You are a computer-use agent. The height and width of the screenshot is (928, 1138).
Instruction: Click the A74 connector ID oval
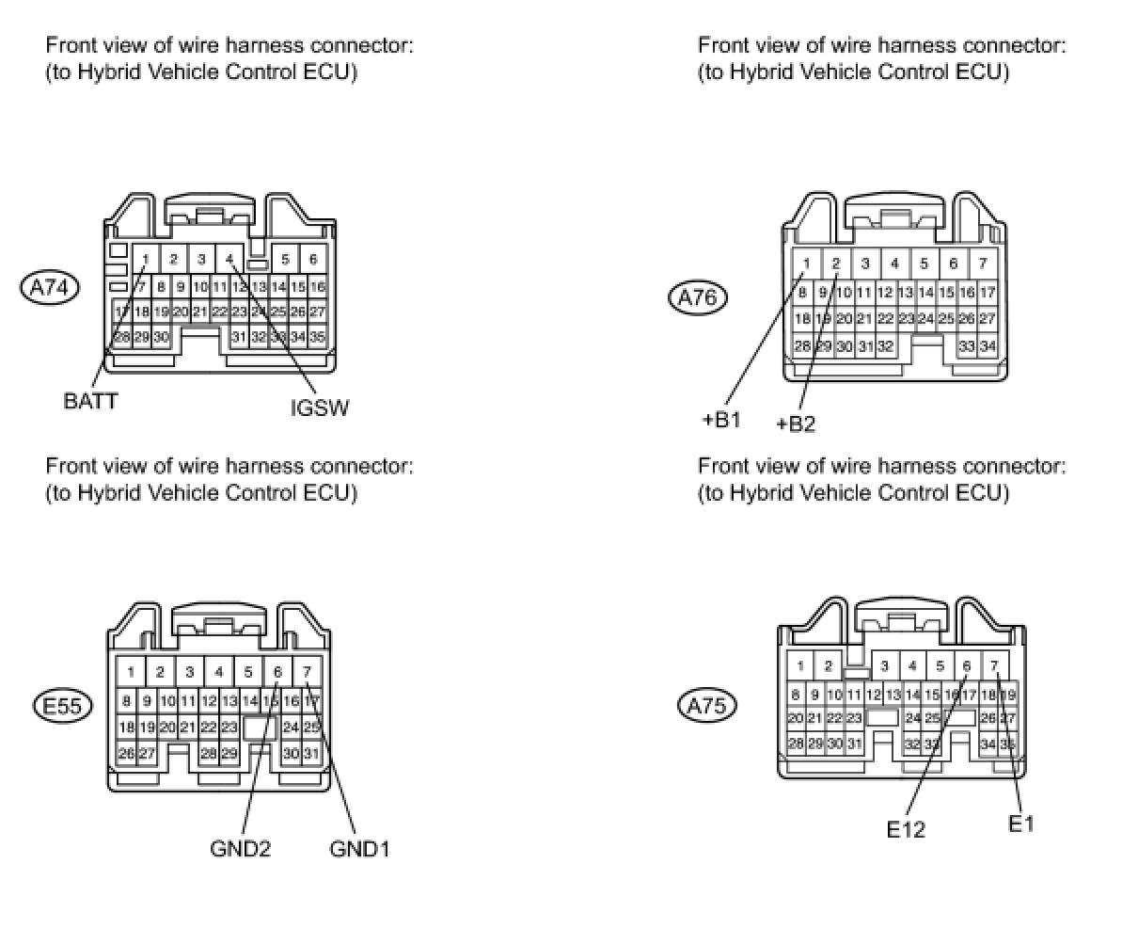click(x=50, y=288)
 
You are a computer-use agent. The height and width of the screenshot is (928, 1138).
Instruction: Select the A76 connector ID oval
click(x=698, y=298)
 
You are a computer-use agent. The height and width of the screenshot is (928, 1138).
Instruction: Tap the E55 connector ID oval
click(x=63, y=705)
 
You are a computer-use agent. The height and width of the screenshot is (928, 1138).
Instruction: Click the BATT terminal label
click(x=91, y=401)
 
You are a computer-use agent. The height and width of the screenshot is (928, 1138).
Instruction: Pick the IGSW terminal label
click(x=320, y=408)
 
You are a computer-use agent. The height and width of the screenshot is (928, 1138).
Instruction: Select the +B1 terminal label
click(x=721, y=420)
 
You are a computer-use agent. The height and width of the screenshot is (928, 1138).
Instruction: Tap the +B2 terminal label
click(x=796, y=424)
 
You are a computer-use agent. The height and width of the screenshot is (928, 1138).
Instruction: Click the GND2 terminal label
click(x=241, y=849)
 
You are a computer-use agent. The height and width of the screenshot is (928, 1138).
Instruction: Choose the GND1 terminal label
click(x=359, y=849)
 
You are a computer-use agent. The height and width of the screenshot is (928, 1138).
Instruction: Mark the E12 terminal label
click(x=906, y=829)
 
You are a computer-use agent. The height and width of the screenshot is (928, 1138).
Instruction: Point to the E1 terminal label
click(x=1020, y=824)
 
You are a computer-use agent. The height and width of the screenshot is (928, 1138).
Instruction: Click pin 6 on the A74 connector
click(x=313, y=259)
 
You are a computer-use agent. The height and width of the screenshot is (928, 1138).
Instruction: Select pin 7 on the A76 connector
click(x=983, y=264)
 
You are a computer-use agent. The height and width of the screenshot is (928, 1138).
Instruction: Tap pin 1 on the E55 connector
click(x=131, y=672)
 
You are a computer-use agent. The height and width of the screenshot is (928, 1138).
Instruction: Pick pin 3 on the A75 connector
click(x=884, y=666)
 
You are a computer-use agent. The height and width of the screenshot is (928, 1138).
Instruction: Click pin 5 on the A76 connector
click(x=925, y=264)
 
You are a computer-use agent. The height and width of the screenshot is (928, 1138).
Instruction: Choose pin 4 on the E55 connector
click(x=219, y=672)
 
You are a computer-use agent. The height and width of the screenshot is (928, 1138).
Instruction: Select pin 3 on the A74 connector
click(x=201, y=259)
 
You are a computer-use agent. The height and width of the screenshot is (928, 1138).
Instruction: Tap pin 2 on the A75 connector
click(x=828, y=666)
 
